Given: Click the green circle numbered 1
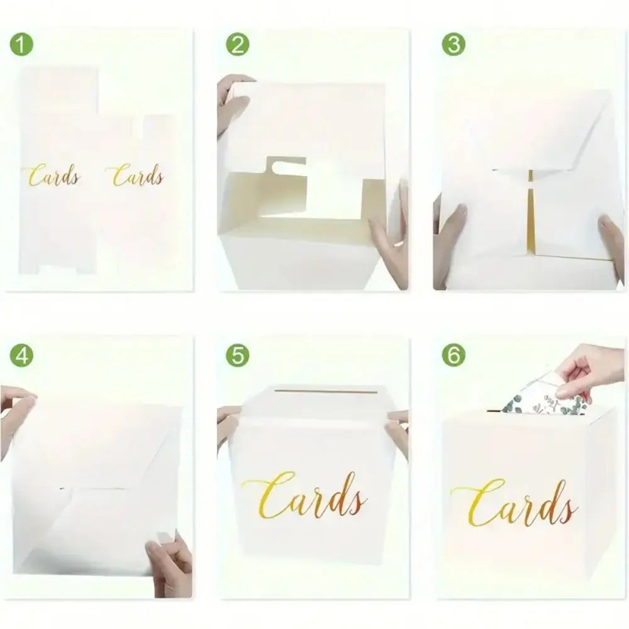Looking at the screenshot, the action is click(x=21, y=44).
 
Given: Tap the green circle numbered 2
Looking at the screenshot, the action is click(x=238, y=44).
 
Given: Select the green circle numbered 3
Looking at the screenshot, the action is click(x=454, y=44).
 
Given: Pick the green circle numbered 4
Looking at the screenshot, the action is click(x=21, y=355).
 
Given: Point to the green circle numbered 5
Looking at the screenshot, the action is click(x=238, y=355).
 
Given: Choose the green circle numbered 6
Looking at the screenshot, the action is click(x=454, y=355).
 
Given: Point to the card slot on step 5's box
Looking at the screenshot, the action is click(x=327, y=391).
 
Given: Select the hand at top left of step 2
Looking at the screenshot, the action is click(x=232, y=104).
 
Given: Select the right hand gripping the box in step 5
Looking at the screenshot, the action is click(x=397, y=433).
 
